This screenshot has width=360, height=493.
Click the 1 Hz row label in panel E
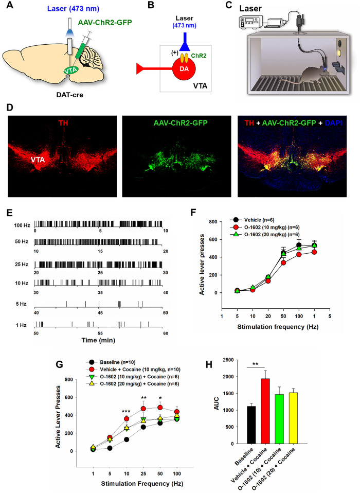pyautogui.click(x=25, y=324)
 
